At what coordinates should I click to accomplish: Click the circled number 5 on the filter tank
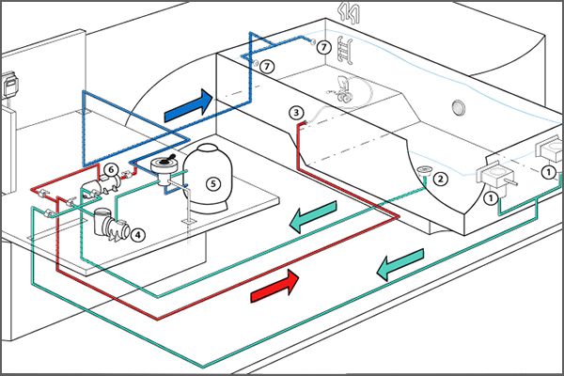(213, 184)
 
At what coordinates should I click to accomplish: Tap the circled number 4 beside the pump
(138, 235)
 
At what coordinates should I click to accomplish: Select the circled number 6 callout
(111, 170)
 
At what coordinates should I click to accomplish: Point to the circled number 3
(296, 113)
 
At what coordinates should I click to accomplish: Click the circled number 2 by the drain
(441, 179)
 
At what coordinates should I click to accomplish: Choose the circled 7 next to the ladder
(324, 47)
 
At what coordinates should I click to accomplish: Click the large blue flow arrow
(188, 106)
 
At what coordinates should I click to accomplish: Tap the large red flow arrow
(274, 287)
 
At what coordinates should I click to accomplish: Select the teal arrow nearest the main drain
(313, 216)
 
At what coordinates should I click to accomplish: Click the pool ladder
(345, 50)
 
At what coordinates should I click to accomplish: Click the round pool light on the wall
(459, 107)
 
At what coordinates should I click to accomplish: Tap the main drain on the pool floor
(425, 169)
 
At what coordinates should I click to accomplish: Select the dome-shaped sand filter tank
(208, 178)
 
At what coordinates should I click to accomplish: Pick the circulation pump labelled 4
(111, 225)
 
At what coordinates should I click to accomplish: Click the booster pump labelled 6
(102, 185)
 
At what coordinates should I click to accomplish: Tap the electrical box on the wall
(10, 85)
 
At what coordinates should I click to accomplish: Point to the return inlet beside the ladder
(313, 41)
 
